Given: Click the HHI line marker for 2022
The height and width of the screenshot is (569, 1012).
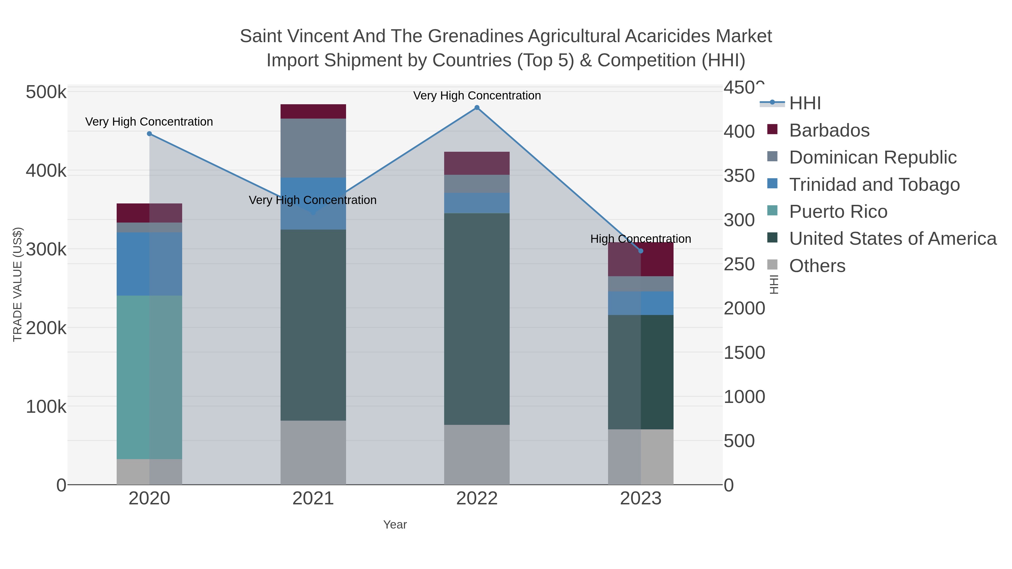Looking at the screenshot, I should point(477,108).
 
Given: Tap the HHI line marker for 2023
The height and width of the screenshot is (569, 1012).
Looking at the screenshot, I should point(641,251).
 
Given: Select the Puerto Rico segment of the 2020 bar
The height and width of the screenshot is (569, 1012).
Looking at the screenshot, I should point(149,377).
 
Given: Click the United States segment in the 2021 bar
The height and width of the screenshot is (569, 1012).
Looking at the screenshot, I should point(313,325).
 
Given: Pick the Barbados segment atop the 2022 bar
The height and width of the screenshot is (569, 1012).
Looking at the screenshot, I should point(477,163).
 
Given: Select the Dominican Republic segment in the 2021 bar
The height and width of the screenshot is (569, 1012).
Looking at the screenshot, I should point(313,148).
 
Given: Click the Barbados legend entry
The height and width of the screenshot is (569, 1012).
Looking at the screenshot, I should point(829,130).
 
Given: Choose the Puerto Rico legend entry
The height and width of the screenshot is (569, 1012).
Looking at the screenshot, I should point(838,212).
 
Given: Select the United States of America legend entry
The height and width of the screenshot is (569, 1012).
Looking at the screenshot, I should point(892,239).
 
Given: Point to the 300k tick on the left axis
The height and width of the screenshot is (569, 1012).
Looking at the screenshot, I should point(46,249).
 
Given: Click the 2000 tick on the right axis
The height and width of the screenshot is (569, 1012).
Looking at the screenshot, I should point(744,308).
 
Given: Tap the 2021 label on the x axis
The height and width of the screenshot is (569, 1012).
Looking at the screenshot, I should point(313,499).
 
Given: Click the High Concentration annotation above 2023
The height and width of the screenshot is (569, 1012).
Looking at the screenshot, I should point(640,239).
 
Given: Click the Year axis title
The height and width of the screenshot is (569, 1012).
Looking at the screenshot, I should point(395,525).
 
